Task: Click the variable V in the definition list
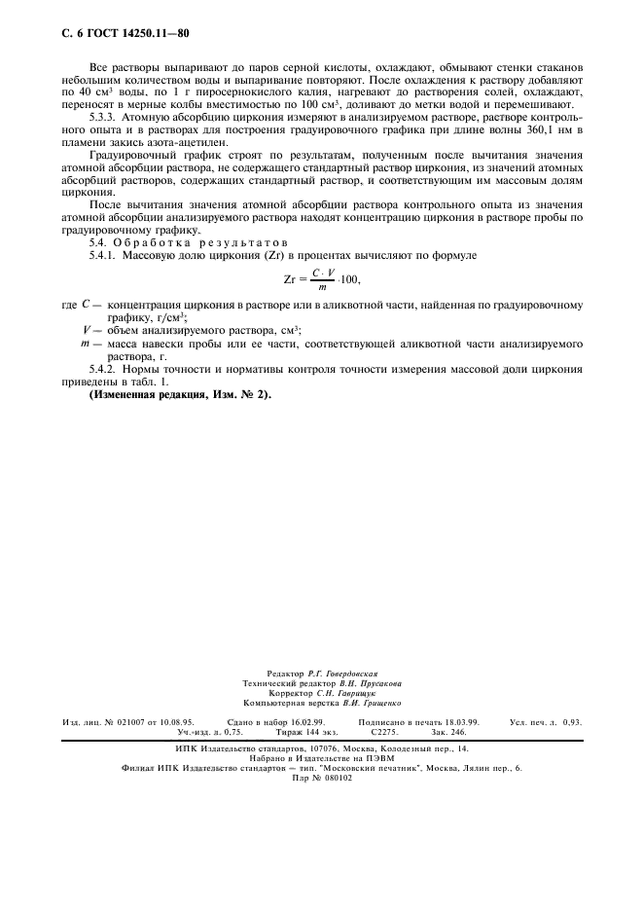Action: [x=87, y=330]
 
